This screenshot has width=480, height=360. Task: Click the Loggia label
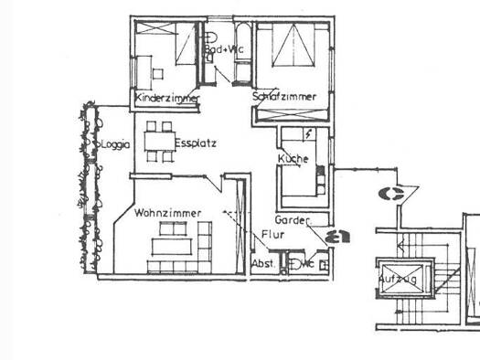click(117, 143)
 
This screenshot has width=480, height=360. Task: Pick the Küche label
click(293, 159)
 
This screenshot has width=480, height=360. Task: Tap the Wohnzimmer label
click(166, 213)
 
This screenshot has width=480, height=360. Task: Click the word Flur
click(272, 235)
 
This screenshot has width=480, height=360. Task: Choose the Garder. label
click(293, 220)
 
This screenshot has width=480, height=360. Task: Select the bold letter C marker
click(394, 193)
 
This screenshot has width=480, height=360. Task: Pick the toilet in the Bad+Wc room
click(212, 58)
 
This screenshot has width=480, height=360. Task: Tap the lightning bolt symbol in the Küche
click(311, 133)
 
